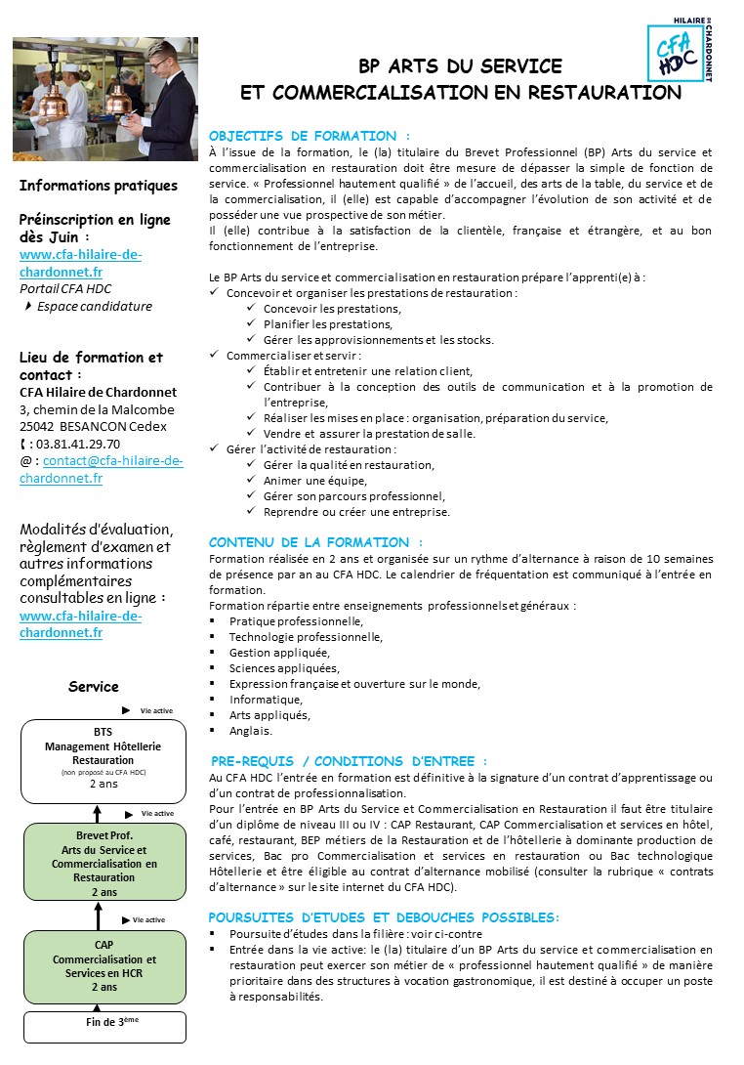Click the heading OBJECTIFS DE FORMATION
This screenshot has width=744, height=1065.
(310, 136)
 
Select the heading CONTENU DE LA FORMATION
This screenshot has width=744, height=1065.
(315, 542)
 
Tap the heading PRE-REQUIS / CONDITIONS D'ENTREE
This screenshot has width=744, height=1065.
(349, 761)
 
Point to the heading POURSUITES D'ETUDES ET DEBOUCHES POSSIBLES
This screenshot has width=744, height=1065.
(384, 917)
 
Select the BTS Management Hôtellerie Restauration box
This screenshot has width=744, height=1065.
(103, 755)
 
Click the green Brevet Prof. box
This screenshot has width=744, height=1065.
(103, 864)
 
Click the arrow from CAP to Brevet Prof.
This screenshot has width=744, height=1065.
(98, 916)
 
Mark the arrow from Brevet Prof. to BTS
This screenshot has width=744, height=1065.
(98, 810)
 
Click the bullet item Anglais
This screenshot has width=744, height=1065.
(251, 731)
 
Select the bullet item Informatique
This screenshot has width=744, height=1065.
(266, 700)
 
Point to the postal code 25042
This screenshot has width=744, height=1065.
(38, 426)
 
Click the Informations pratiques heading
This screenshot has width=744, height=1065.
(99, 186)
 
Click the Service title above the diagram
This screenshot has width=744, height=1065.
(94, 687)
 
